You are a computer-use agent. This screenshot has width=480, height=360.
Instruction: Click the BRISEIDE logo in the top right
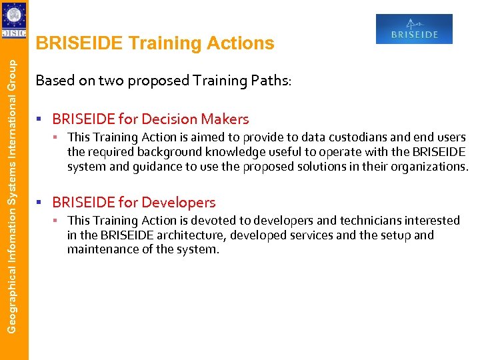[x=414, y=29]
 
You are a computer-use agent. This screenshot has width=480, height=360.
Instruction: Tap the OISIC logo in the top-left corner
[x=14, y=21]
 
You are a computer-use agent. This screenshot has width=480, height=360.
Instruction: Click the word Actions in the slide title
[x=241, y=43]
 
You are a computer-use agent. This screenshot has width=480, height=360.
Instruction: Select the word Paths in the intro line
[x=269, y=81]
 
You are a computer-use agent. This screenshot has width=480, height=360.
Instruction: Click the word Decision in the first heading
[x=175, y=119]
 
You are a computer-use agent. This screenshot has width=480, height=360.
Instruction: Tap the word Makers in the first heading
[x=227, y=119]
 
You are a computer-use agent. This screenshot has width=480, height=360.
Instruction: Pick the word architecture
[x=179, y=235]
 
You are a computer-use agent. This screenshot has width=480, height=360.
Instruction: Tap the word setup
[x=397, y=235]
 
